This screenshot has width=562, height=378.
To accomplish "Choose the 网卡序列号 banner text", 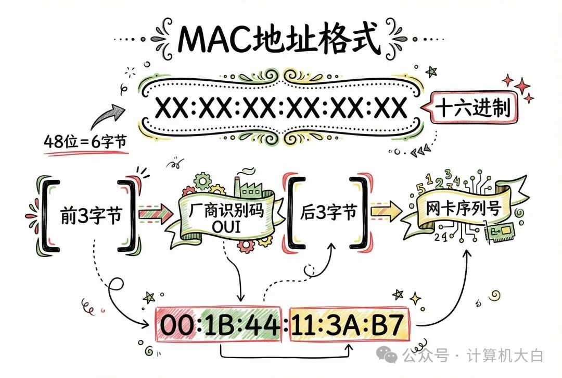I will (x=463, y=210).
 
